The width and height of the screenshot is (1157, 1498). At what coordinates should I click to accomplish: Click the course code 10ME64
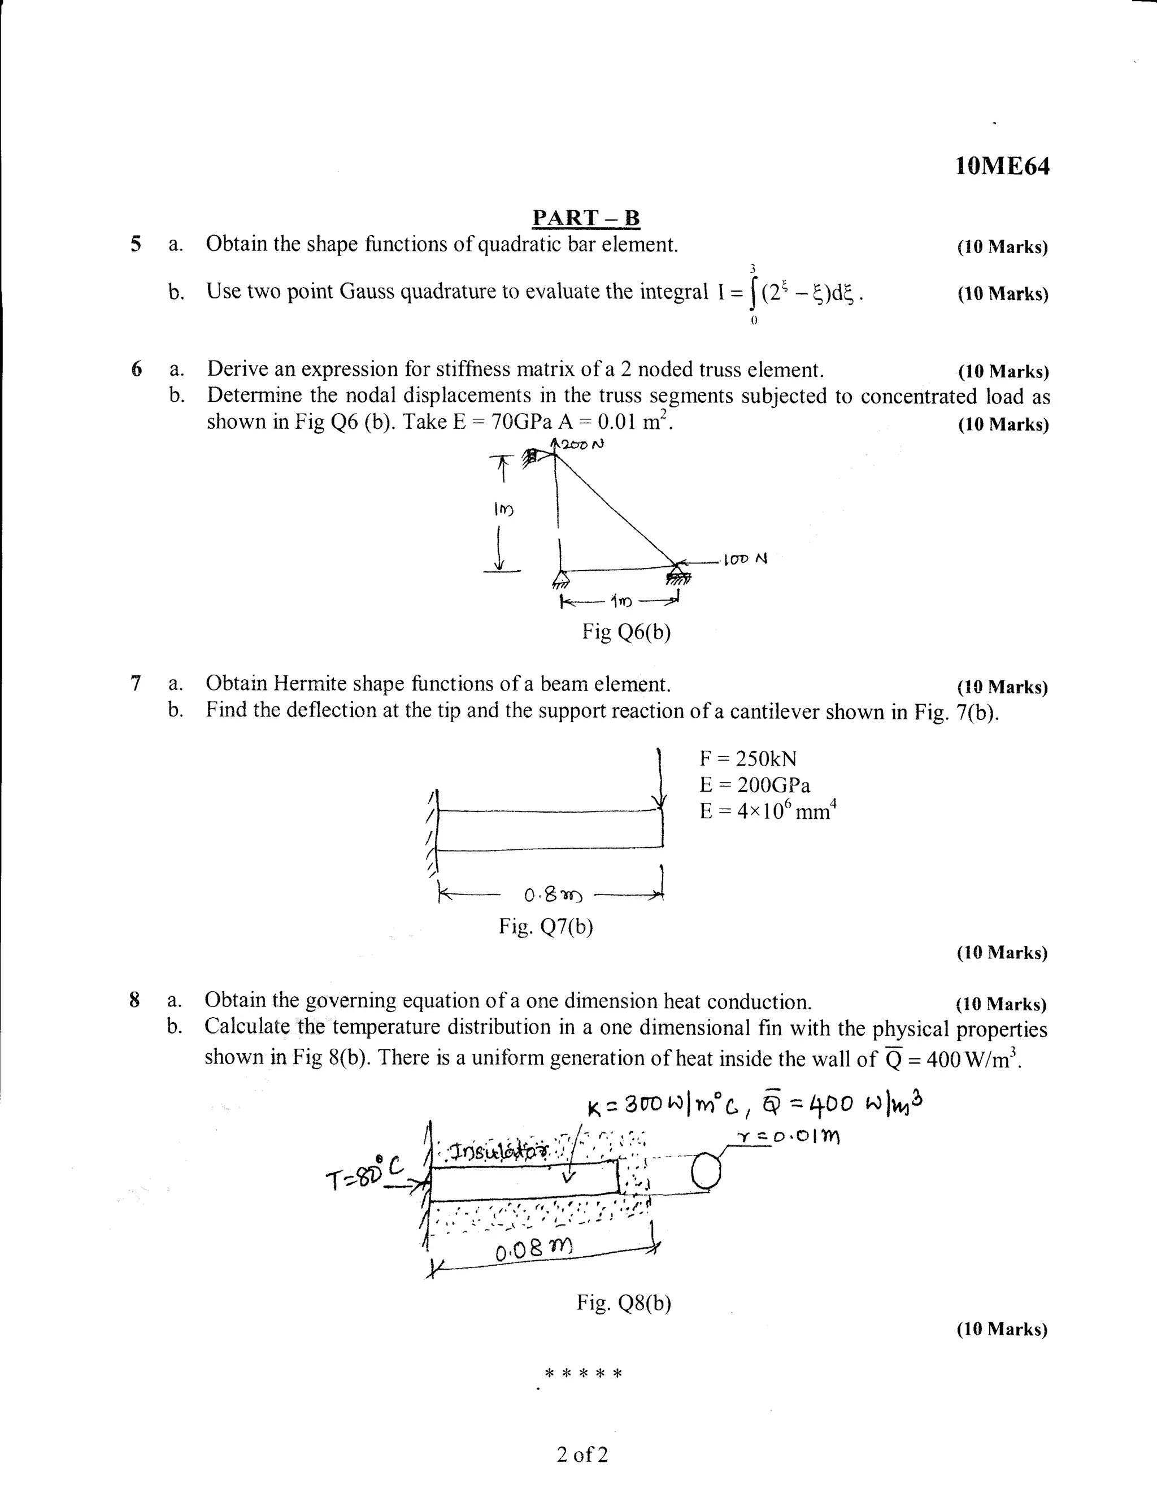[1002, 167]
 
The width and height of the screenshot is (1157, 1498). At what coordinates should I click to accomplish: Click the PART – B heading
[586, 218]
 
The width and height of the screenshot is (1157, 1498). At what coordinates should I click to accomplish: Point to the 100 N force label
[746, 559]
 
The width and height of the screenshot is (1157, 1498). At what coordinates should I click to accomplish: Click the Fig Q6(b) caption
[626, 631]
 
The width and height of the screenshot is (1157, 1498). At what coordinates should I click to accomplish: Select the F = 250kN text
[747, 758]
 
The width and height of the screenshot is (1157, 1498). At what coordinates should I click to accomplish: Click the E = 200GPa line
[754, 785]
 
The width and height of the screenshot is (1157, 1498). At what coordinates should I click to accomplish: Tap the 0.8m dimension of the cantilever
[553, 896]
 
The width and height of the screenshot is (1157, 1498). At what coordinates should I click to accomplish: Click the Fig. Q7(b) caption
[546, 927]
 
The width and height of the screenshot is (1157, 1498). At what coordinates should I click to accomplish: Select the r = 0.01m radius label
[789, 1137]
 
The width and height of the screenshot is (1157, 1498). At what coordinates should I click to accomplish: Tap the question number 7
[136, 683]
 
